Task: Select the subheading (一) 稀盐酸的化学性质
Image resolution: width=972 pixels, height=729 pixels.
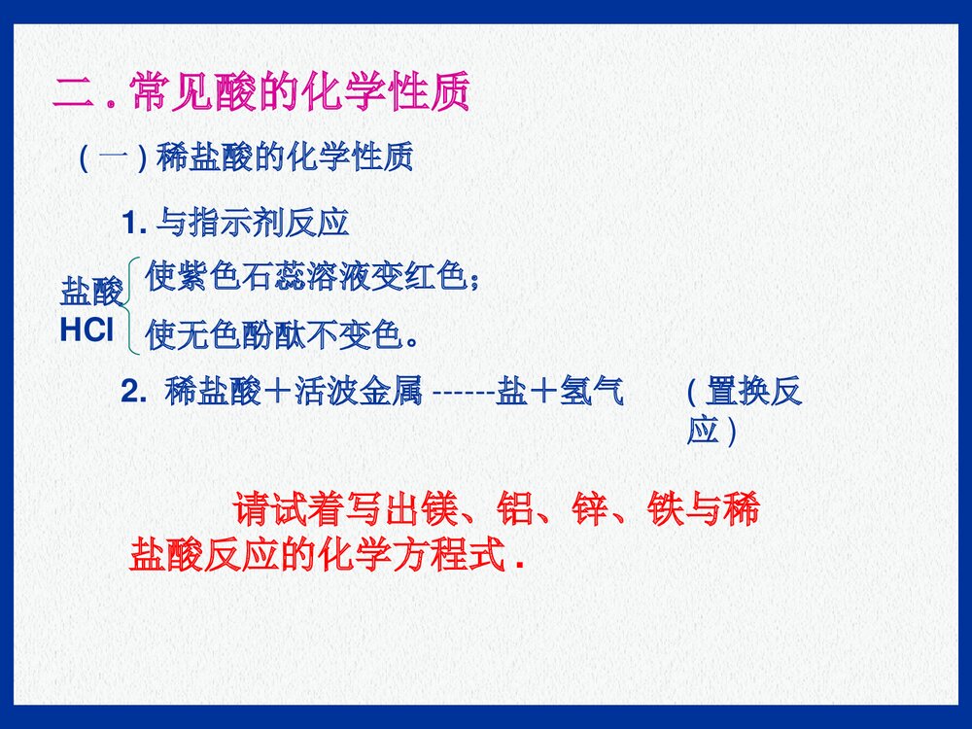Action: [244, 156]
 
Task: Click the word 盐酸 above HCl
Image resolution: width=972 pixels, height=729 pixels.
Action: [91, 291]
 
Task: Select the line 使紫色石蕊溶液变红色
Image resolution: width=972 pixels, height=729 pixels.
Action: [311, 279]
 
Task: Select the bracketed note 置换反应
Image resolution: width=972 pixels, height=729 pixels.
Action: [744, 409]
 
